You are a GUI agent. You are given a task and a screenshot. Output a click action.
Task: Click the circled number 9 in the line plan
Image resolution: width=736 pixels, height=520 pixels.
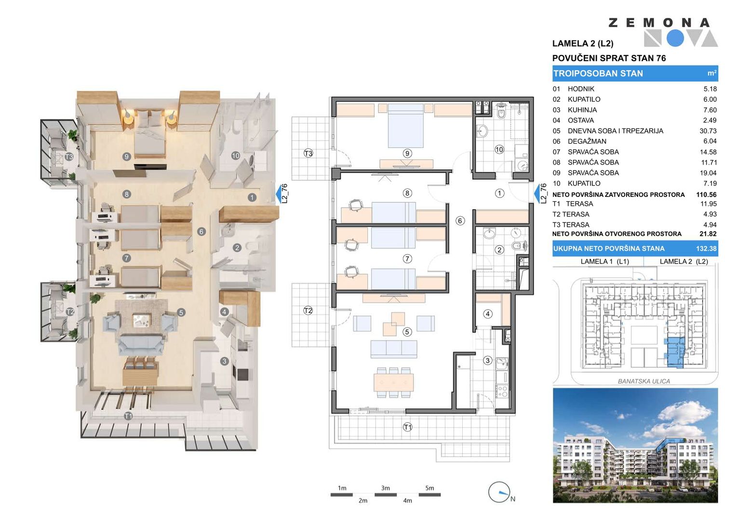pyautogui.click(x=407, y=153)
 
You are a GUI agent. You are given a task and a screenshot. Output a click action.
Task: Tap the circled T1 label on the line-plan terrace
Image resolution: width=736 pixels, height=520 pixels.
pyautogui.click(x=407, y=427)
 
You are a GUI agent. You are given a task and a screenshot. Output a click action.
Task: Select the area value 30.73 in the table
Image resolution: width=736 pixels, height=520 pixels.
pyautogui.click(x=708, y=131)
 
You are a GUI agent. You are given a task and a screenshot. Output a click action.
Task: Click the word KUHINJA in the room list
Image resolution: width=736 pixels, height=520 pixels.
pyautogui.click(x=582, y=110)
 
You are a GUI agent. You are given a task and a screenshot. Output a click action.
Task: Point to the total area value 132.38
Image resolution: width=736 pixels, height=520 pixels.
pyautogui.click(x=706, y=248)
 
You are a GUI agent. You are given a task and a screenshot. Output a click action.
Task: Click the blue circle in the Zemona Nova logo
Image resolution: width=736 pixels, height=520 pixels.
pyautogui.click(x=675, y=38)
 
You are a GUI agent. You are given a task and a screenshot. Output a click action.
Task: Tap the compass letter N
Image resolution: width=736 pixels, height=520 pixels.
pyautogui.click(x=512, y=499)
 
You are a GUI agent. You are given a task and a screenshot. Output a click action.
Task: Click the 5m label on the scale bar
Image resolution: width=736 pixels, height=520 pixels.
pyautogui.click(x=429, y=488)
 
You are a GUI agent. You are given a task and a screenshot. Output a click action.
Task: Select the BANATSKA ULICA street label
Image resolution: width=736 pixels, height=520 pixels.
pyautogui.click(x=643, y=381)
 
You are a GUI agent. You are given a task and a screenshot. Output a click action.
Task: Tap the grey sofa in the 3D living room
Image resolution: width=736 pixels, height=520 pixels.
pyautogui.click(x=141, y=344)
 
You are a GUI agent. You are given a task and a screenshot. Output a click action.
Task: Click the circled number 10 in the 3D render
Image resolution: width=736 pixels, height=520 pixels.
pyautogui.click(x=235, y=156)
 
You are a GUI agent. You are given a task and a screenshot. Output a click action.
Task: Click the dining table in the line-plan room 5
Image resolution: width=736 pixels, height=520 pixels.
pyautogui.click(x=394, y=382)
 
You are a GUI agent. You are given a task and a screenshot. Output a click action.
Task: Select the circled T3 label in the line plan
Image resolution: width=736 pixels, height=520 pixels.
pyautogui.click(x=308, y=153)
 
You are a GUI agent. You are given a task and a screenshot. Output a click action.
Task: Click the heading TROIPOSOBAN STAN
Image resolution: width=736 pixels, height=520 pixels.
pyautogui.click(x=598, y=74)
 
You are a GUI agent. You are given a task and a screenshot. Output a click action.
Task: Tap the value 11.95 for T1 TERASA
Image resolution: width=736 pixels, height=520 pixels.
pyautogui.click(x=708, y=204)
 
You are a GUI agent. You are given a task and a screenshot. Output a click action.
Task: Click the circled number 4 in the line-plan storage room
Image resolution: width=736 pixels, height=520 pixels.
pyautogui.click(x=488, y=314)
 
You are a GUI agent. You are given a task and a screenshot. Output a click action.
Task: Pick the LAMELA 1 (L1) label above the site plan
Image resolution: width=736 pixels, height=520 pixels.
pyautogui.click(x=604, y=261)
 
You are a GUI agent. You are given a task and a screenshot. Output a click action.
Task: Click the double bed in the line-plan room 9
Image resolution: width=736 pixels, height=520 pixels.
pyautogui.click(x=405, y=126)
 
